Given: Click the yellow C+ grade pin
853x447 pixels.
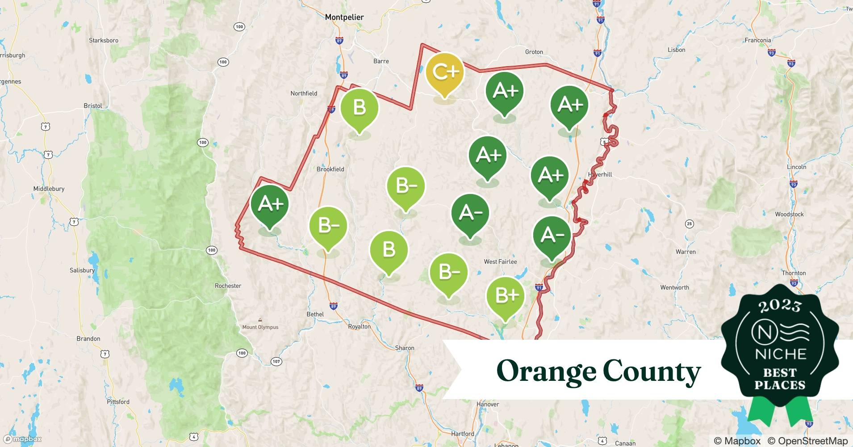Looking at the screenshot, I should (x=445, y=72).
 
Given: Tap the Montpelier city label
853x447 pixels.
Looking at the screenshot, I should (x=344, y=17).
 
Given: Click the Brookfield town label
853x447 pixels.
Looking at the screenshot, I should (x=330, y=169).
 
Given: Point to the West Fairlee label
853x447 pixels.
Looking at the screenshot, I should (x=500, y=261).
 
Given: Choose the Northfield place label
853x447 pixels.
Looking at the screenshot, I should (x=304, y=93).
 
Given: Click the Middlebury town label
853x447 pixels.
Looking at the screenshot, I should (x=49, y=189).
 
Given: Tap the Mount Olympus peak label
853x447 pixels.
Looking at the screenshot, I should (x=260, y=327).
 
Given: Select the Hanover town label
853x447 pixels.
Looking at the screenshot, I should (x=487, y=404).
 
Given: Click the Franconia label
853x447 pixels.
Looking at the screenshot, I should (x=757, y=40).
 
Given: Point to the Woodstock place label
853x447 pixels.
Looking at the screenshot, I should (x=789, y=214).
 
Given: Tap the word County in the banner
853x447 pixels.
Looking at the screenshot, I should (x=651, y=371).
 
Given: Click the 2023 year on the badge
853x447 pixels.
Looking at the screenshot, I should (x=780, y=306).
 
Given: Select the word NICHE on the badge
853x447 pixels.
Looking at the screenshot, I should (x=780, y=354).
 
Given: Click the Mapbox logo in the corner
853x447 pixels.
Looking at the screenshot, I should (x=23, y=439).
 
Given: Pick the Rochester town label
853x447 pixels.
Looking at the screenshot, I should (x=228, y=286).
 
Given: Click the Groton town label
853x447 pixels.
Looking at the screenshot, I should (x=534, y=52).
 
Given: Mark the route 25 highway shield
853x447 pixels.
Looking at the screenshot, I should (x=690, y=223).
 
